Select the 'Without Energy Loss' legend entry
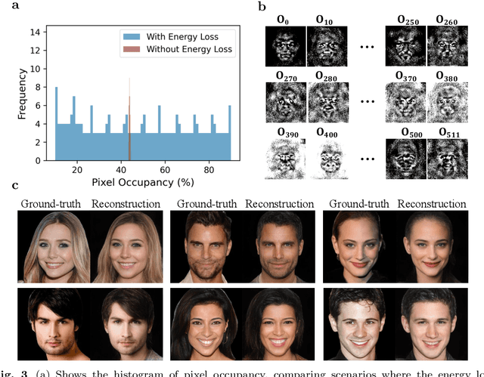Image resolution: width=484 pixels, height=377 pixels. [x=182, y=50]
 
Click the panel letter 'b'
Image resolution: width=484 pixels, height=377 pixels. [x=261, y=6]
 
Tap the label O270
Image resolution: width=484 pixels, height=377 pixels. [x=281, y=78]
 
